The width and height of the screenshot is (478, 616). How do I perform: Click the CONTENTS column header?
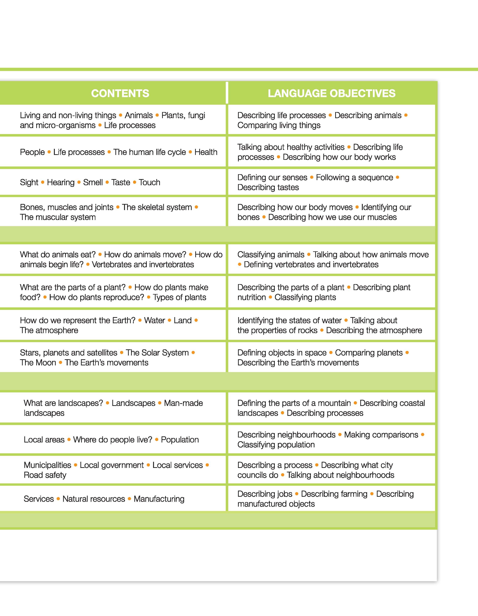pyautogui.click(x=120, y=93)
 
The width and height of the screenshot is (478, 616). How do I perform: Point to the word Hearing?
pyautogui.click(x=61, y=183)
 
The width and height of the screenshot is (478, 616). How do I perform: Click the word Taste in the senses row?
pyautogui.click(x=121, y=183)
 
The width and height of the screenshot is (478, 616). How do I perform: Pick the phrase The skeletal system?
pyautogui.click(x=157, y=207)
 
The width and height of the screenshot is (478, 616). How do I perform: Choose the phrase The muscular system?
pyautogui.click(x=58, y=217)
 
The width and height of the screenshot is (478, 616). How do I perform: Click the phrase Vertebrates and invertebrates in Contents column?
pyautogui.click(x=143, y=264)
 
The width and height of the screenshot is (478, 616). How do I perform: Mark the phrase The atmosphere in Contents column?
pyautogui.click(x=49, y=330)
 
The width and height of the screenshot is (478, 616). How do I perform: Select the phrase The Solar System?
pyautogui.click(x=157, y=353)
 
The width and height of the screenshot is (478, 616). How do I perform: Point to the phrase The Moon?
pyautogui.click(x=38, y=363)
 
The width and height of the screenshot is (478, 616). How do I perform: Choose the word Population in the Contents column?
pyautogui.click(x=180, y=440)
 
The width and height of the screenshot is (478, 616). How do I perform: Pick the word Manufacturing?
pyautogui.click(x=159, y=499)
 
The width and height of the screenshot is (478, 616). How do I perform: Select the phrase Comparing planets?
pyautogui.click(x=369, y=353)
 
